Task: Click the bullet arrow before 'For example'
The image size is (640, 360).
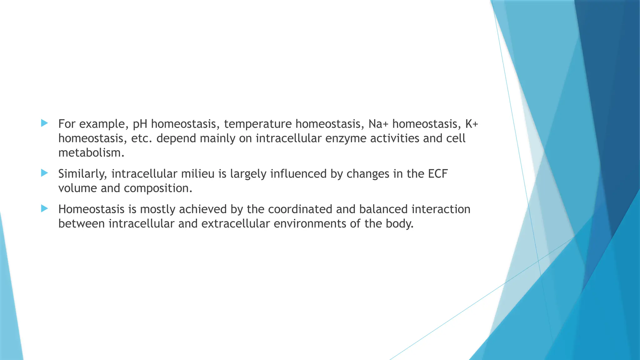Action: [44, 123]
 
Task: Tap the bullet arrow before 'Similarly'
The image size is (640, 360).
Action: [44, 173]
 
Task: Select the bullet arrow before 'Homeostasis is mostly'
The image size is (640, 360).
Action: [44, 208]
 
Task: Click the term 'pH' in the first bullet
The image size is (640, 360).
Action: [140, 124]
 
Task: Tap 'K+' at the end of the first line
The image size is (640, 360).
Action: [472, 124]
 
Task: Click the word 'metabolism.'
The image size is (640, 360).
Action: [91, 153]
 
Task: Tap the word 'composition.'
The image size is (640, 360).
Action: [158, 188]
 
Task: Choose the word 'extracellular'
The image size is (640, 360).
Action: [235, 224]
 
